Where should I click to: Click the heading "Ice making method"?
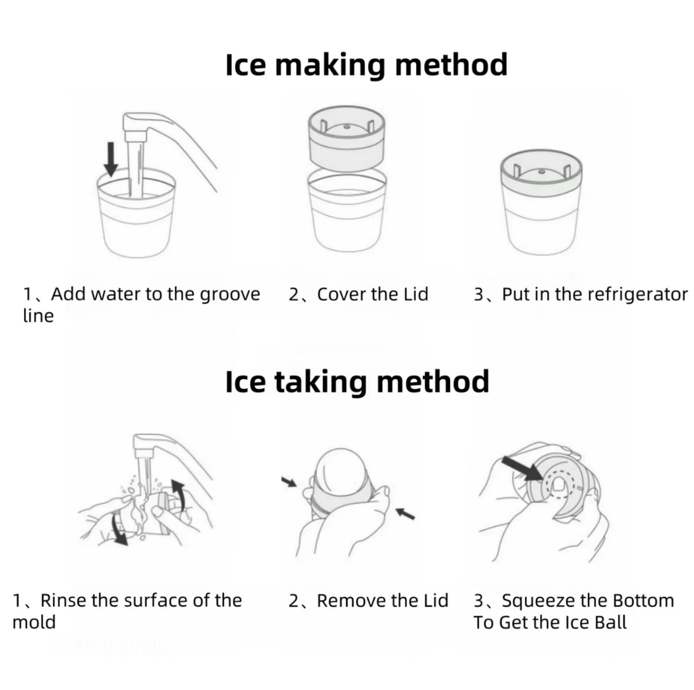point(366,65)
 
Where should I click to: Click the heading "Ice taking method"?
point(357,382)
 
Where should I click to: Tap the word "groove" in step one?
point(230,295)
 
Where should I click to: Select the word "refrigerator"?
point(638,295)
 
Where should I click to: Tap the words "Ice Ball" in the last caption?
point(595,622)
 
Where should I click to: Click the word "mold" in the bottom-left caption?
point(34,622)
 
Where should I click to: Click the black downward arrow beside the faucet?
point(111,159)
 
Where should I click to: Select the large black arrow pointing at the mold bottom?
point(522,468)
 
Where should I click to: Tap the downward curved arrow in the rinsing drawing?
point(119,529)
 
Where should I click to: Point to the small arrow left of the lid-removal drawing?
point(289,482)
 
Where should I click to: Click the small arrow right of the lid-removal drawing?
point(405,514)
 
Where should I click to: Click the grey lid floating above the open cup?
point(346,138)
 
